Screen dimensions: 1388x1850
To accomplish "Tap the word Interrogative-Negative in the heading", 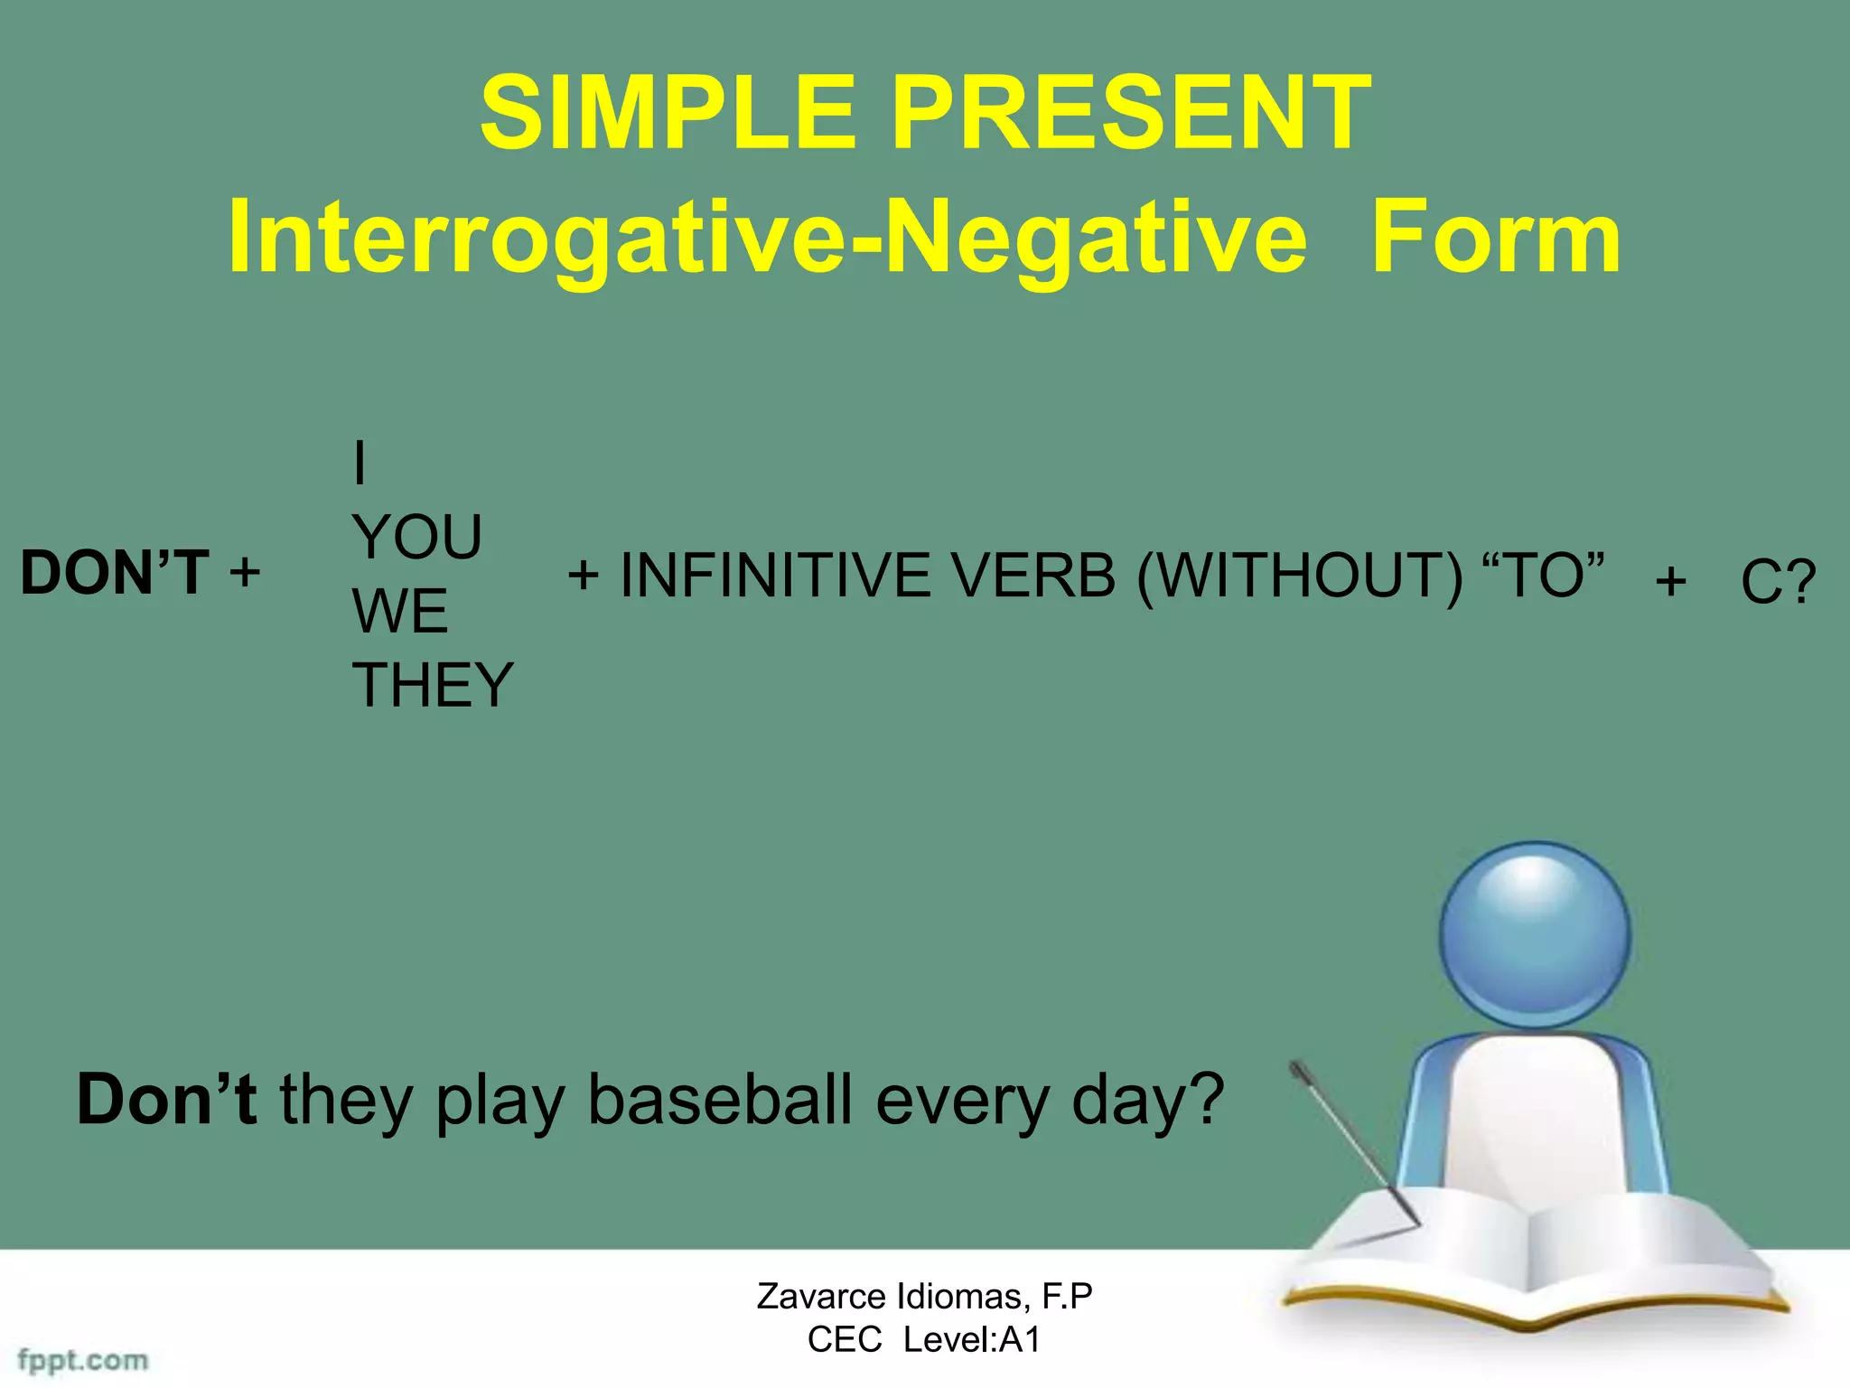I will pyautogui.click(x=766, y=237).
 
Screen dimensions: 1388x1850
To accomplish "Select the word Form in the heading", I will pyautogui.click(x=1495, y=237).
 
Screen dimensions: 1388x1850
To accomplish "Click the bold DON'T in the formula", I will pyautogui.click(x=115, y=572).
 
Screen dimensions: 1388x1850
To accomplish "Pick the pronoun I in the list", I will pyautogui.click(x=360, y=463).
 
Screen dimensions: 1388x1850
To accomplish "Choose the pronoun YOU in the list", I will pyautogui.click(x=416, y=537).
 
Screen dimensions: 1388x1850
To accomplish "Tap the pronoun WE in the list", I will pyautogui.click(x=399, y=611).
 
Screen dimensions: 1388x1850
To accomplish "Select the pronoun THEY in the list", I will pyautogui.click(x=432, y=684).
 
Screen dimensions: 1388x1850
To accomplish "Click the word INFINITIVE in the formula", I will pyautogui.click(x=775, y=575).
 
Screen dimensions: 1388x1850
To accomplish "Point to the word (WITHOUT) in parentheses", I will pyautogui.click(x=1299, y=575).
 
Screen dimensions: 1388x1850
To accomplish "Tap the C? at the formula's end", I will pyautogui.click(x=1777, y=581).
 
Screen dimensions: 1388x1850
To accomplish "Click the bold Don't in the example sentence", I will pyautogui.click(x=166, y=1099).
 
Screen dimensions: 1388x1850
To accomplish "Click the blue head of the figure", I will pyautogui.click(x=1534, y=935).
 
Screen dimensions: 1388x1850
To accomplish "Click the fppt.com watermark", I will pyautogui.click(x=83, y=1360).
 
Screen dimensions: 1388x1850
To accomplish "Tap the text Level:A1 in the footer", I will pyautogui.click(x=972, y=1339).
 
